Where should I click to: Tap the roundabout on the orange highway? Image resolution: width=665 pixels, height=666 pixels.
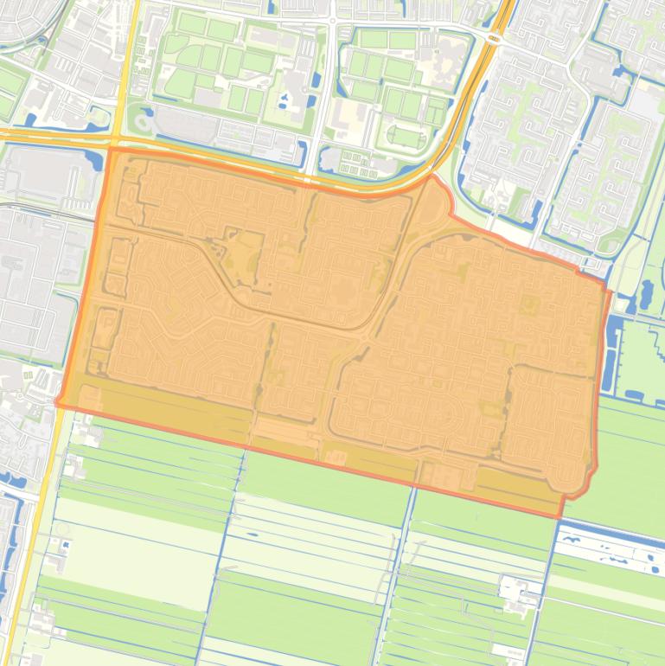tap(496, 37)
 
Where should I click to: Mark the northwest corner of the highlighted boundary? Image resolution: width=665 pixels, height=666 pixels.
tap(110, 149)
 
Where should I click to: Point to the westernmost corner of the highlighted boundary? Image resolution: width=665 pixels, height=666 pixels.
tap(58, 402)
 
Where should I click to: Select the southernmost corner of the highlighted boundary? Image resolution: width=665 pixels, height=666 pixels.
tap(560, 517)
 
